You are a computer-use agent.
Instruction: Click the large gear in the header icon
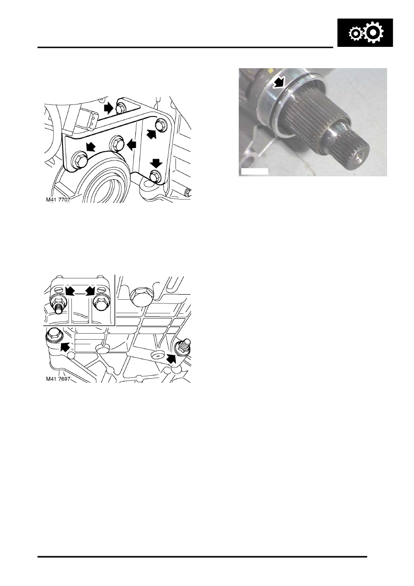[374, 32]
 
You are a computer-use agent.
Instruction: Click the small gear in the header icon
[355, 34]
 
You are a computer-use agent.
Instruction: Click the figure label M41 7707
[58, 200]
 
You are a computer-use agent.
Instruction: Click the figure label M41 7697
[58, 379]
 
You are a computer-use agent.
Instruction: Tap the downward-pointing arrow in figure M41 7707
[156, 163]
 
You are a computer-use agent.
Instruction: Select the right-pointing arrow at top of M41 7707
[109, 108]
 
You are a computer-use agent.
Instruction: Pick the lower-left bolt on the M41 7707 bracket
[78, 159]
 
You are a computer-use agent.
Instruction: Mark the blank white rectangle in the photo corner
[255, 171]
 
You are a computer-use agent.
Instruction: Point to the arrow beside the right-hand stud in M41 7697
[172, 358]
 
